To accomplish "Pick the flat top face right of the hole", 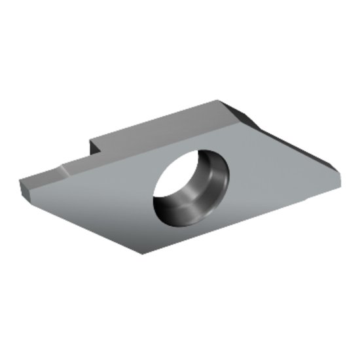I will pos(275,170).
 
